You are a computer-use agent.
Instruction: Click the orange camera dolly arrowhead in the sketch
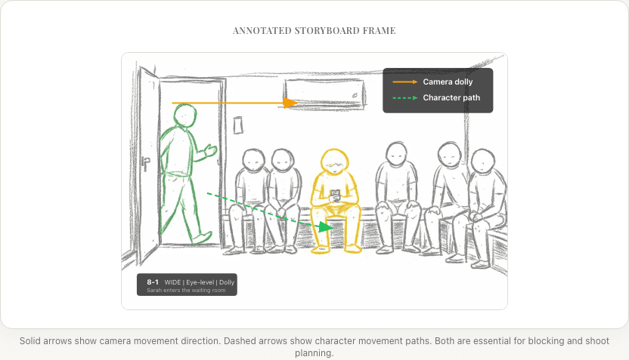click(x=290, y=103)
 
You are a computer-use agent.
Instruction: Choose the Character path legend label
click(x=451, y=97)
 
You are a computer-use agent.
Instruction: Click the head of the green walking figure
click(x=184, y=115)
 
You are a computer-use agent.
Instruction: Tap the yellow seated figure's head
click(x=335, y=161)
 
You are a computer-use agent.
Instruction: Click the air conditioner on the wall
click(x=324, y=94)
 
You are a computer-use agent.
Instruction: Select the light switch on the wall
click(x=238, y=125)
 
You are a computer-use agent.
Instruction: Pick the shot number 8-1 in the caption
click(x=153, y=282)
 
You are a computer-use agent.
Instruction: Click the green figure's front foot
click(x=203, y=237)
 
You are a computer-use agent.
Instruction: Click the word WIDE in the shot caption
click(x=172, y=282)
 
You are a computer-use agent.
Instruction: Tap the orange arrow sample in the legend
click(x=404, y=82)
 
